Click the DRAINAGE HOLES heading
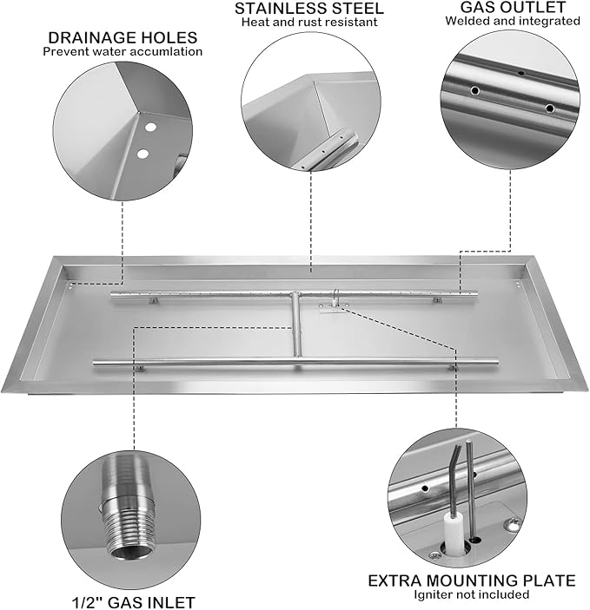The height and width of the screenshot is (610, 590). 122,37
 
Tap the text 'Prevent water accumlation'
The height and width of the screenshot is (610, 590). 123,51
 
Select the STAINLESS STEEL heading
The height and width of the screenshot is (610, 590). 309,8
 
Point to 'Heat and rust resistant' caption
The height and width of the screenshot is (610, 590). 309,22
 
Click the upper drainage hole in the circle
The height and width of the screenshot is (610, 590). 150,128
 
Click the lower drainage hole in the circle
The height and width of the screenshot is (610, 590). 142,154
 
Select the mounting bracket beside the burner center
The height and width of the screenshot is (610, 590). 331,305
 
